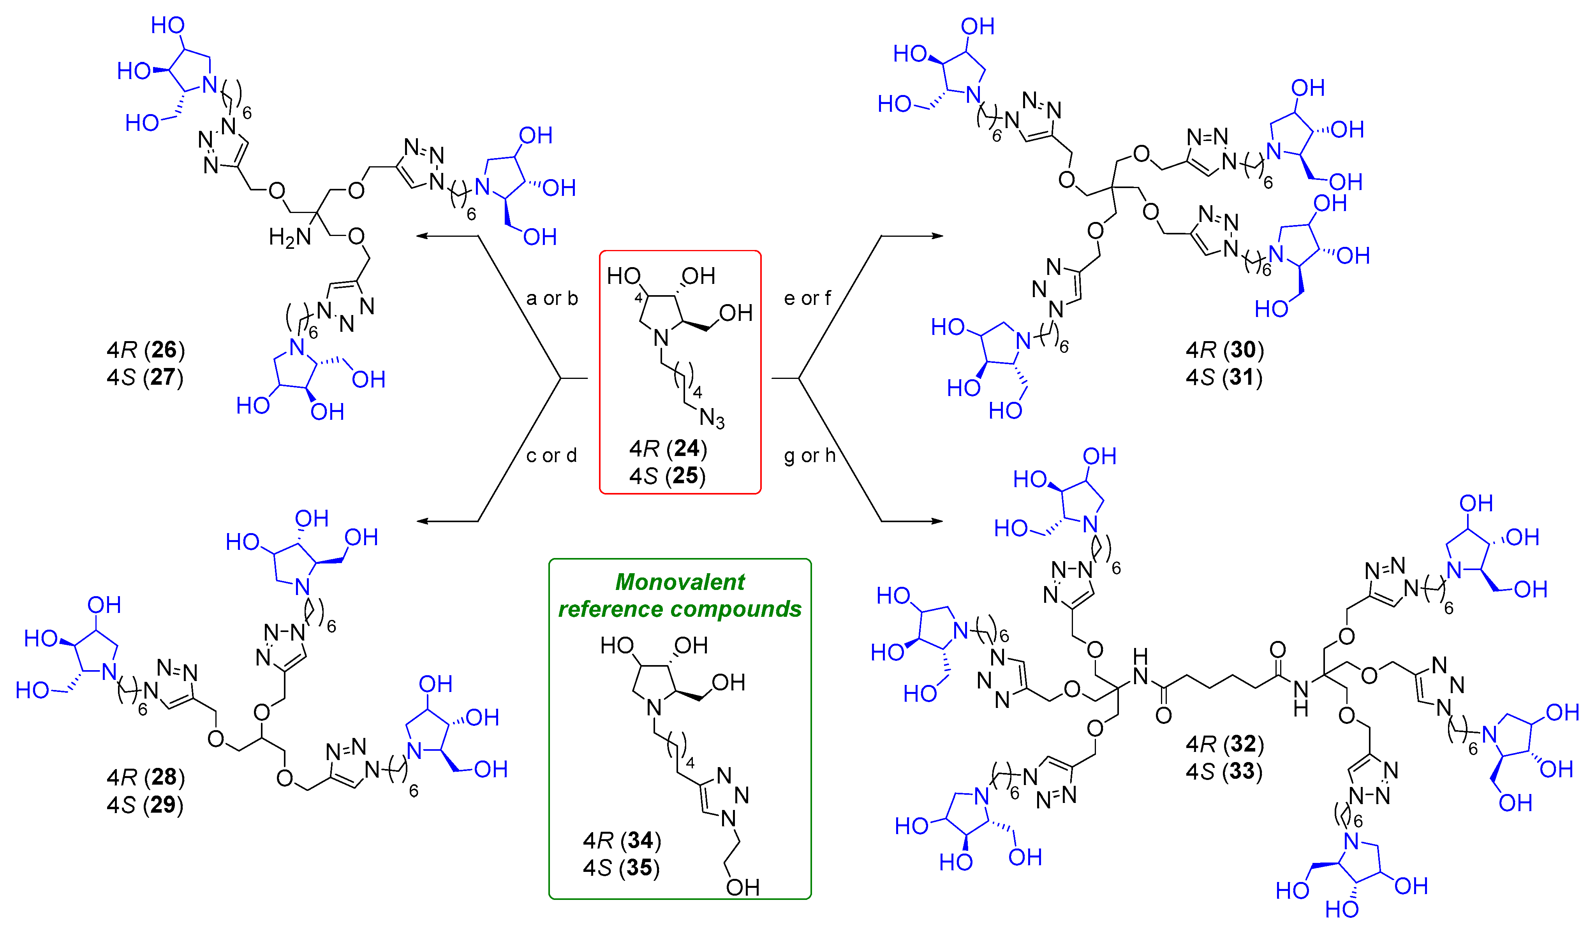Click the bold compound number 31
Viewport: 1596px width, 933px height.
point(1241,377)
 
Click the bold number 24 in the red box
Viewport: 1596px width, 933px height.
point(687,449)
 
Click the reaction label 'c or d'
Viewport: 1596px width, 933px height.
point(551,456)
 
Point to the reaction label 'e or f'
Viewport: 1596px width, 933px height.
point(807,298)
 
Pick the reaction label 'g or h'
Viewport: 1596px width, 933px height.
point(809,456)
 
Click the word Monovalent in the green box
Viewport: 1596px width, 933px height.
point(680,581)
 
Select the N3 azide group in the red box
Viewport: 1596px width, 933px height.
point(712,418)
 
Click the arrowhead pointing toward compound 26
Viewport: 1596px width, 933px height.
point(423,236)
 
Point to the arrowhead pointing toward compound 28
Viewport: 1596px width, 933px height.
point(423,521)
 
